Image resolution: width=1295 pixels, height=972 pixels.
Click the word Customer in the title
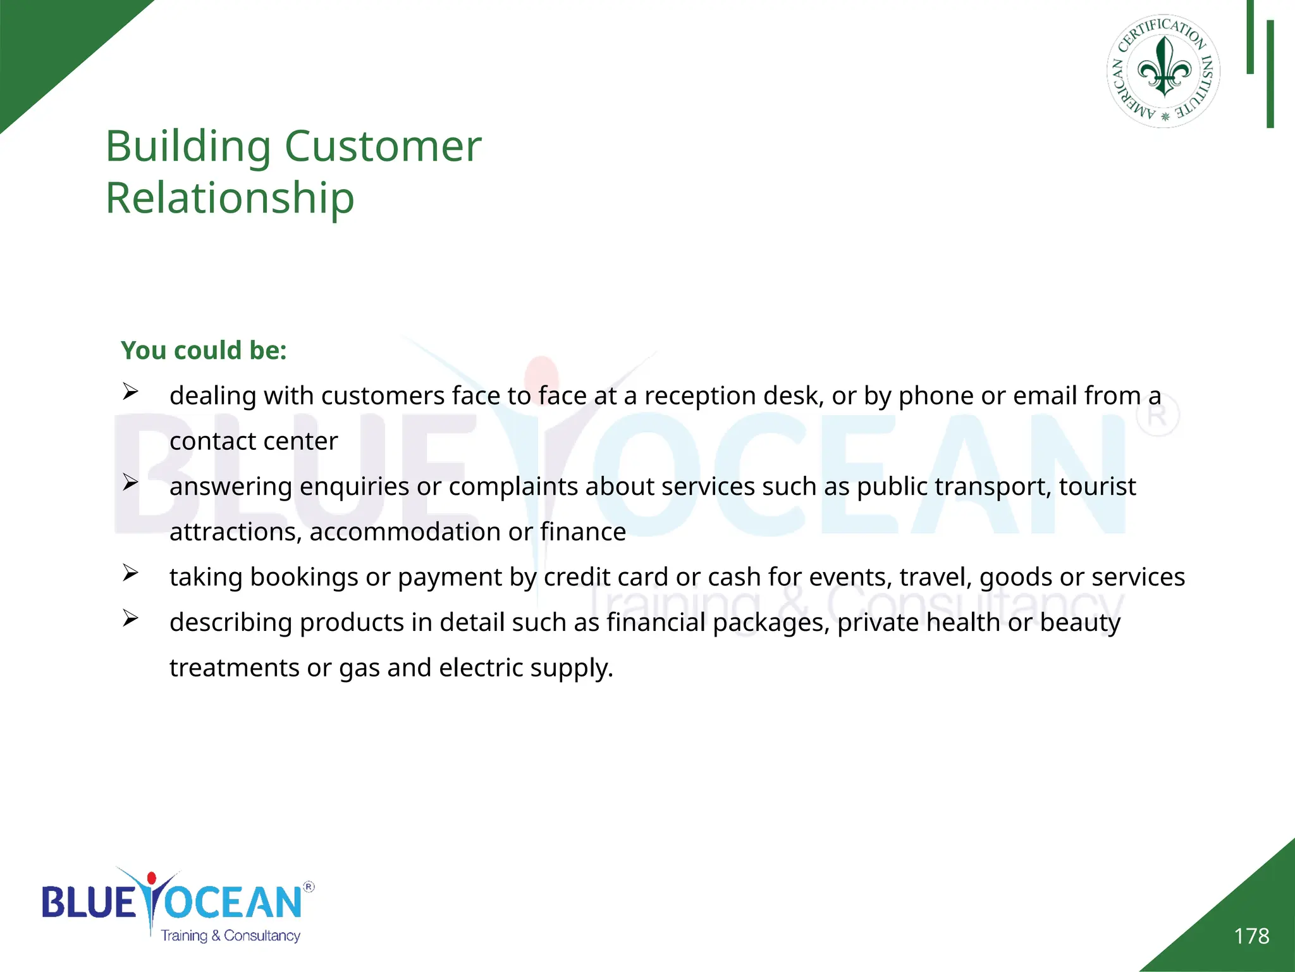383,147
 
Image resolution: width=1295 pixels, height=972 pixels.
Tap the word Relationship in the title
230,199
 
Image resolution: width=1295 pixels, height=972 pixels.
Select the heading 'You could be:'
204,351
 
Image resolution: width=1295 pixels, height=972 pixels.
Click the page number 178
1251,936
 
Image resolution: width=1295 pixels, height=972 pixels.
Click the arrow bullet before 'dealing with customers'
130,392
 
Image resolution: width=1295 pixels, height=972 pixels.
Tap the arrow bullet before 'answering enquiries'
130,483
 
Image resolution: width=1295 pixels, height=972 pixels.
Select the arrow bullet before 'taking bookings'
130,573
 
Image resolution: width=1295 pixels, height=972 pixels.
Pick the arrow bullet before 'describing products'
130,618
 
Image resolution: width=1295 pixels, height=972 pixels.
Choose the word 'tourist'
1097,487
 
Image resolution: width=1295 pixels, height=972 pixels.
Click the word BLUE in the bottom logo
89,902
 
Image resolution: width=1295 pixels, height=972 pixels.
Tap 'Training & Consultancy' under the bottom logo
230,936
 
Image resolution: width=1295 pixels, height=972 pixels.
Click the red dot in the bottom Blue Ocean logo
152,878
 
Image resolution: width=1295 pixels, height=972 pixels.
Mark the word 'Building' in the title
188,147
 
